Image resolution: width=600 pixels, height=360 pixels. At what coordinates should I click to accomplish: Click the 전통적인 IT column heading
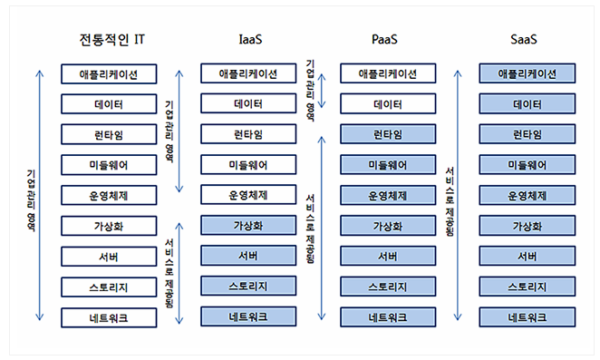[111, 40]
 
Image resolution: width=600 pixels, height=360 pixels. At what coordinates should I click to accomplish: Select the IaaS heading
[250, 40]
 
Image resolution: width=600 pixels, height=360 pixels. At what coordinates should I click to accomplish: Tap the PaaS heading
[384, 40]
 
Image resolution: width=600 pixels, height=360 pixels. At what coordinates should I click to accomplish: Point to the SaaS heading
[524, 40]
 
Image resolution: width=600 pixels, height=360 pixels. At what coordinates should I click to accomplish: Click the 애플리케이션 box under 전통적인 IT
[109, 74]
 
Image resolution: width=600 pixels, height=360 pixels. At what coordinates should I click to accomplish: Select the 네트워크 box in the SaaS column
[527, 317]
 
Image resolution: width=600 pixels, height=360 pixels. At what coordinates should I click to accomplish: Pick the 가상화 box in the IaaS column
[248, 225]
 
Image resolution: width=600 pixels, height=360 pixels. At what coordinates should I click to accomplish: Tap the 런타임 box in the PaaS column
[388, 134]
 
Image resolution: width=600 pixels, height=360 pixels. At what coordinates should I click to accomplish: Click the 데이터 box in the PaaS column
[388, 103]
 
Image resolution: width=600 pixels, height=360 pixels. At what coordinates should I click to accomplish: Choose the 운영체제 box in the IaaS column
[248, 195]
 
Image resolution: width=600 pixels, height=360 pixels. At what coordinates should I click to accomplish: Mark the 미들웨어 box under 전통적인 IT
[109, 165]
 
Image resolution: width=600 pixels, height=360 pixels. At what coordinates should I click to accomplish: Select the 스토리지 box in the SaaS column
[527, 287]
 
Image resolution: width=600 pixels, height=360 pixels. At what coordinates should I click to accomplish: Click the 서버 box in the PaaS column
[388, 256]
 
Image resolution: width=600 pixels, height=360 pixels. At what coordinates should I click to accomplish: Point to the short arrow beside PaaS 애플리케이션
[322, 91]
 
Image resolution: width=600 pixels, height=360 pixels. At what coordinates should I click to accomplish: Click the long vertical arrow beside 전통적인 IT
[40, 195]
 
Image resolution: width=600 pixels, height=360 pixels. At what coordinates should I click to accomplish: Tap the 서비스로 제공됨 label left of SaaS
[450, 202]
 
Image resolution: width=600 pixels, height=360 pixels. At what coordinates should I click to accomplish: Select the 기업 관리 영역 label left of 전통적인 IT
[32, 200]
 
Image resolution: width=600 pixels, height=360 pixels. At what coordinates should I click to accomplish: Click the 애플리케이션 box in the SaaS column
[527, 73]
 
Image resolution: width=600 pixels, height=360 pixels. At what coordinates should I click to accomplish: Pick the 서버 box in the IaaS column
[248, 256]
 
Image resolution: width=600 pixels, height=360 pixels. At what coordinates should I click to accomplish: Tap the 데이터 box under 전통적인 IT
[109, 104]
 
